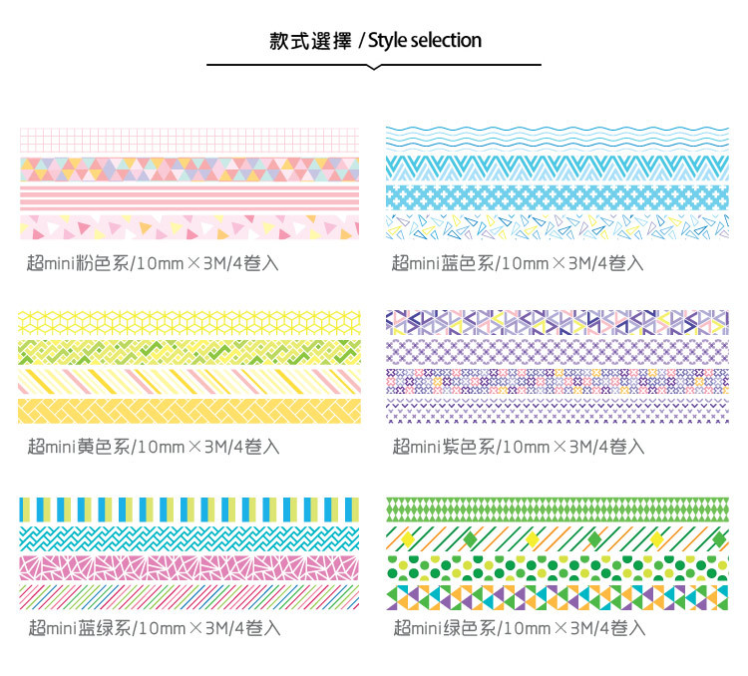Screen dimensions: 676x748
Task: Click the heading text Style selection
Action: point(426,41)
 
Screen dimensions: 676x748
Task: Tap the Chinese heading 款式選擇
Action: point(308,41)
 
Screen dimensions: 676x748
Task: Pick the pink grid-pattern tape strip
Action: point(188,139)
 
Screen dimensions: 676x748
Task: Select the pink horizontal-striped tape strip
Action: point(188,196)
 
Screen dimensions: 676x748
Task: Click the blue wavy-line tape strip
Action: point(557,139)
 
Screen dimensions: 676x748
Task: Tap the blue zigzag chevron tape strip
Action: point(557,168)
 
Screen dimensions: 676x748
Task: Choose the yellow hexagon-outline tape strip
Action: point(188,322)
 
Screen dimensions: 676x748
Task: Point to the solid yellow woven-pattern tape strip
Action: point(188,410)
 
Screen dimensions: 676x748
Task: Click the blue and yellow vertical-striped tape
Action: point(188,507)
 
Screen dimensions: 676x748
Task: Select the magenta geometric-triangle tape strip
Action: point(188,566)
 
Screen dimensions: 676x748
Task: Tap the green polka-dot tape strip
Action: point(557,567)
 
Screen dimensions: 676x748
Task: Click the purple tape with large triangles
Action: point(557,321)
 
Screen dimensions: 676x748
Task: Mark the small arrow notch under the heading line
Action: point(373,67)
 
